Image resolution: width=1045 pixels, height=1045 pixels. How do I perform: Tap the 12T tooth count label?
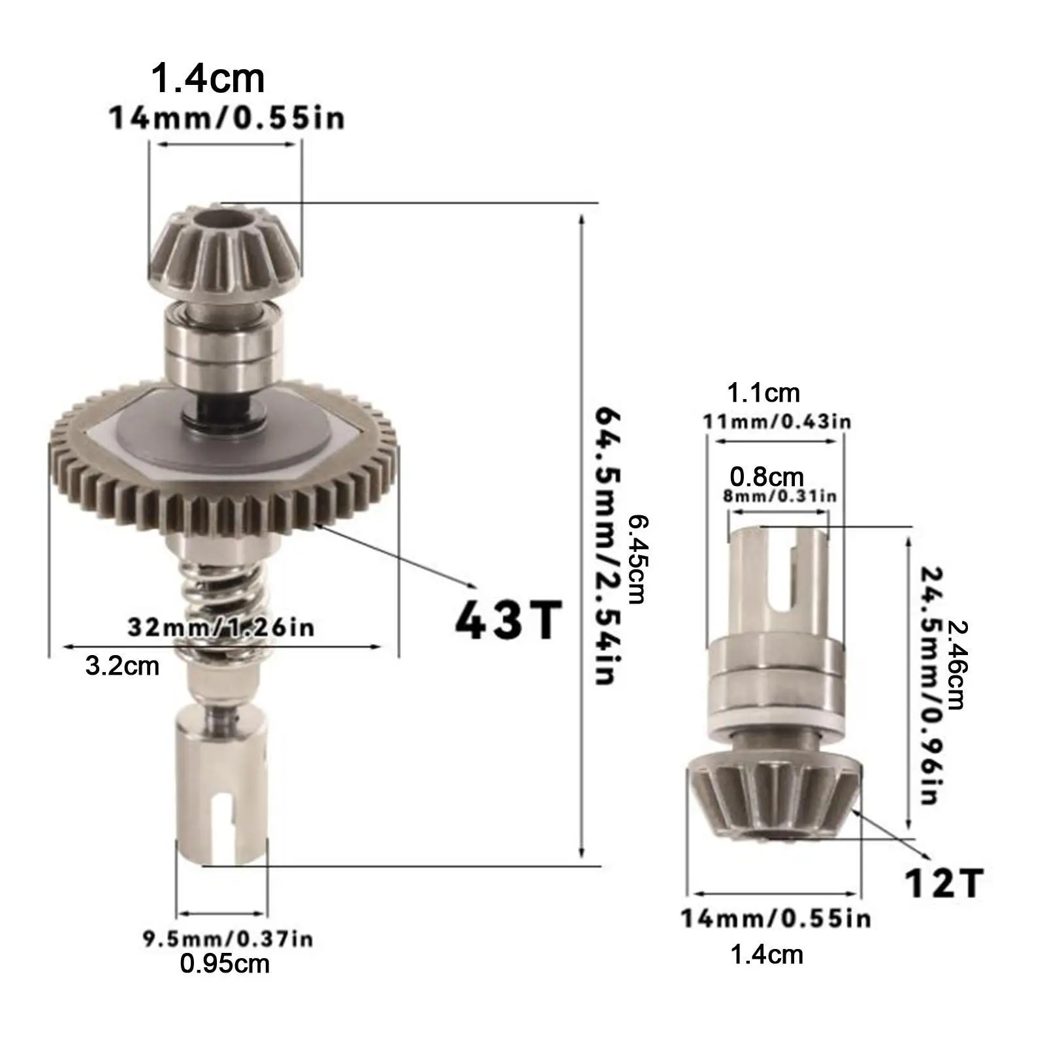[x=943, y=884]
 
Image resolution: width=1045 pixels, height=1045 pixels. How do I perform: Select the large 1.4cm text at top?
[x=208, y=78]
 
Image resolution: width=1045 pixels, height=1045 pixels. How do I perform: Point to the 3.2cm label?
[x=122, y=666]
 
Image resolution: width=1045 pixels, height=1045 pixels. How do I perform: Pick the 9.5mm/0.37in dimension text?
[x=228, y=939]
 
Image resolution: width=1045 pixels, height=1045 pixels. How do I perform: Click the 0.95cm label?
[x=225, y=964]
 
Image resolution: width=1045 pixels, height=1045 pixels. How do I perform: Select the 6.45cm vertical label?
[x=636, y=559]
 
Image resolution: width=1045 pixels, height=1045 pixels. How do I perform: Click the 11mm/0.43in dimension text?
[x=777, y=421]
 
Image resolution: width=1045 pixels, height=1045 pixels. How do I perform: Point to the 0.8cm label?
[x=767, y=477]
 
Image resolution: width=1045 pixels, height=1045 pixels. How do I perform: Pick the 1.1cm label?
[x=763, y=393]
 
